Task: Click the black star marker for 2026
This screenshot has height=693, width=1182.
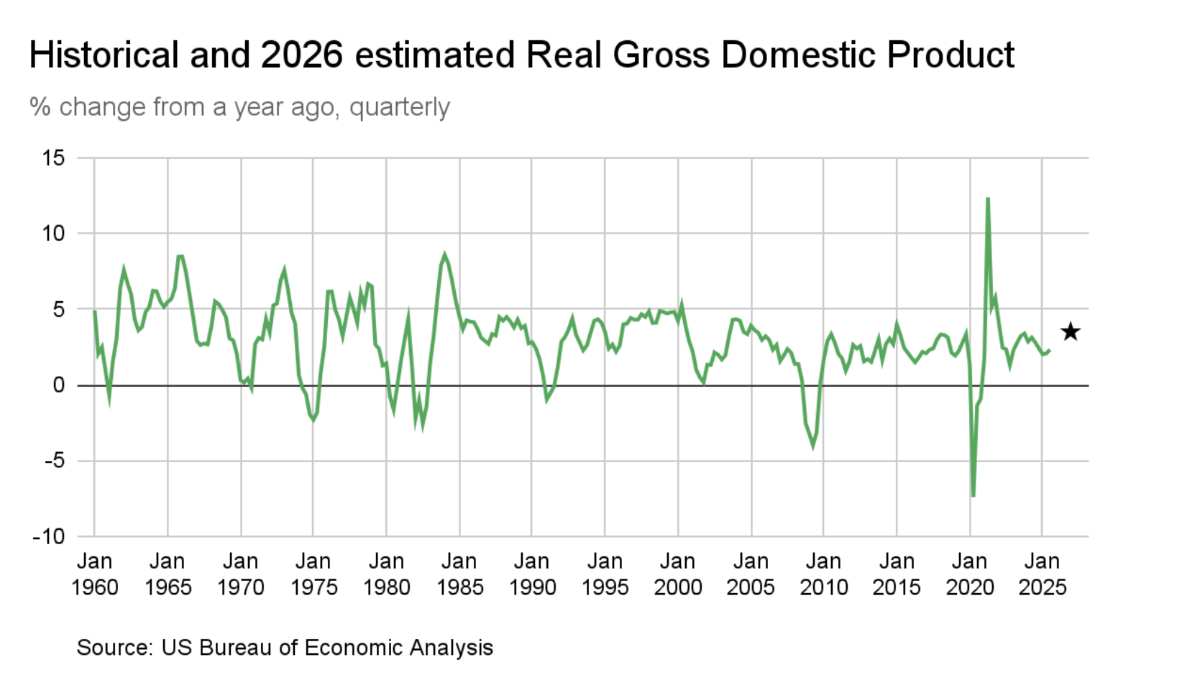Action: click(1071, 331)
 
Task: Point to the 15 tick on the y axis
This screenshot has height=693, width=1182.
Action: click(53, 157)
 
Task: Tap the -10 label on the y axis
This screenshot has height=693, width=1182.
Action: click(48, 536)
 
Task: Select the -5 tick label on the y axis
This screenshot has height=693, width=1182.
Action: click(53, 461)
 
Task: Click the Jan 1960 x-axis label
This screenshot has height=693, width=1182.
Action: click(94, 574)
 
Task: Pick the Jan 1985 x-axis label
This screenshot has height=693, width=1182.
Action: click(459, 574)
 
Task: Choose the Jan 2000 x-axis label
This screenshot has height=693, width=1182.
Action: click(678, 574)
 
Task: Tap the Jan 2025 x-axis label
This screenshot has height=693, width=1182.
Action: click(1043, 574)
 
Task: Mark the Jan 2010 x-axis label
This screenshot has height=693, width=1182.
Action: click(823, 574)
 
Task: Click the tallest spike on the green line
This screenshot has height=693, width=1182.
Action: click(988, 198)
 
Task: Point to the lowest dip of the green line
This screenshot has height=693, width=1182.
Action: click(973, 495)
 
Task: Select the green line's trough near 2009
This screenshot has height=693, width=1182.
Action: click(813, 446)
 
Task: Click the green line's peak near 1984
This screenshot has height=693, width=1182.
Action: click(444, 254)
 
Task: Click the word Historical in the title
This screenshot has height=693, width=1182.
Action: click(104, 55)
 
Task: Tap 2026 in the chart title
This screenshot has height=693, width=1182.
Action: click(301, 55)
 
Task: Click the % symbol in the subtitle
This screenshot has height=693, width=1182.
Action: click(40, 107)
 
